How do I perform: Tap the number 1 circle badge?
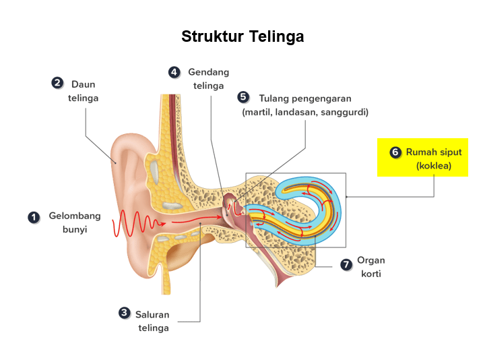tap(33, 217)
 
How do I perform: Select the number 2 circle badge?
tap(58, 83)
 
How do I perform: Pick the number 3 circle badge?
tap(124, 313)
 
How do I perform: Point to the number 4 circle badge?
tap(174, 71)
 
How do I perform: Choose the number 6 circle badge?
tap(395, 152)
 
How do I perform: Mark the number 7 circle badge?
tap(346, 265)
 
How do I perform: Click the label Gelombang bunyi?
tap(74, 222)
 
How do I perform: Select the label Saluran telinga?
tap(153, 321)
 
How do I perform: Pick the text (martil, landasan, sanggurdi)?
tap(305, 112)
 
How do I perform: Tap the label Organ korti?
tap(371, 267)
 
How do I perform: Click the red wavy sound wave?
tap(138, 222)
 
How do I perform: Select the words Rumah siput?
tap(433, 152)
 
